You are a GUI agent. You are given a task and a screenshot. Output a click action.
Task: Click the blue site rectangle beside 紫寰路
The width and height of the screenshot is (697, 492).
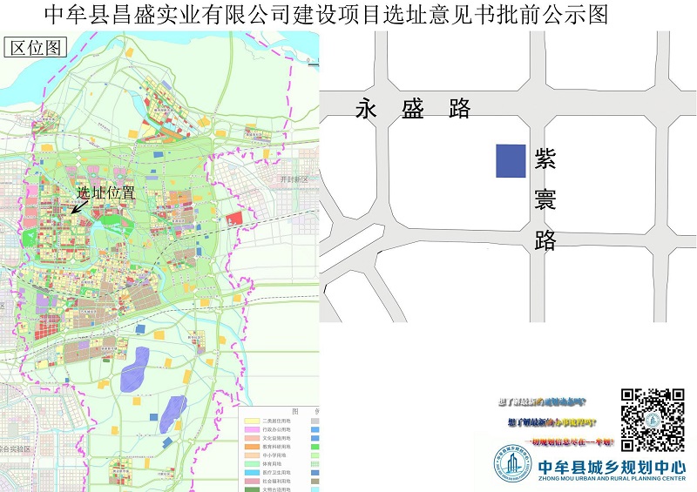pos(511,161)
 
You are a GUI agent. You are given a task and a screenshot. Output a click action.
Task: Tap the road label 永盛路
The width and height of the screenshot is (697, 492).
pos(413,109)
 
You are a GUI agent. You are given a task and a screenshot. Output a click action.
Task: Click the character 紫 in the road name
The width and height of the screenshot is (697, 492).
pos(546,158)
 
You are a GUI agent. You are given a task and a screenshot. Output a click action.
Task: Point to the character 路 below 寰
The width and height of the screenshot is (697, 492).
pos(546,240)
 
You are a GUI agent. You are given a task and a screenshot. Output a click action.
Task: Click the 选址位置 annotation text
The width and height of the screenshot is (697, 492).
pos(105,192)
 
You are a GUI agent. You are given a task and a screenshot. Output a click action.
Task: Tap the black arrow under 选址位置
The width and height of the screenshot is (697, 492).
pos(79,206)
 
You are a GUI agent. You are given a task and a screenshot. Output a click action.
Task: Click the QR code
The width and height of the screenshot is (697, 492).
pos(652,420)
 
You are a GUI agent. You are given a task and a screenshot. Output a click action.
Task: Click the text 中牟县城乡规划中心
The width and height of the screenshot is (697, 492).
pos(612,466)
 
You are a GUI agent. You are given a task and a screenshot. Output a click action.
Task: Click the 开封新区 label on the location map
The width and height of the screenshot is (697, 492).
pos(294,179)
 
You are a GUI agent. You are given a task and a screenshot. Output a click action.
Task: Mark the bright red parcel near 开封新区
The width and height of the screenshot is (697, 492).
pos(234,218)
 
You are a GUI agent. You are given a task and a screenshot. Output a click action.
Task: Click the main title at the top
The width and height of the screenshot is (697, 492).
pos(324,14)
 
